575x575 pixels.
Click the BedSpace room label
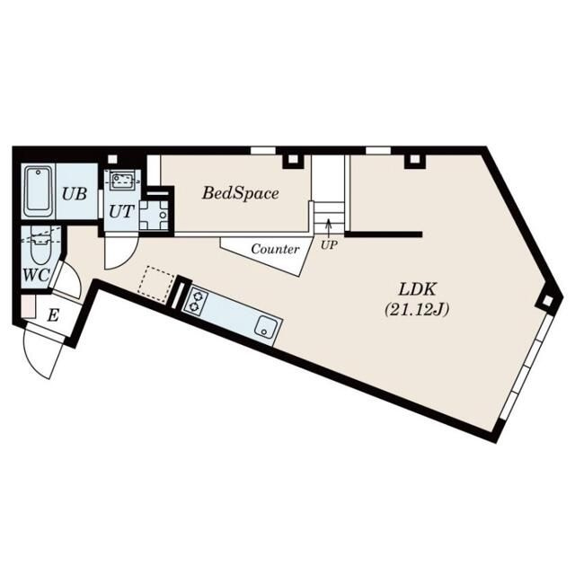tap(240, 193)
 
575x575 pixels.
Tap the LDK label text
tap(417, 289)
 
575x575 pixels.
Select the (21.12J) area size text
tap(417, 311)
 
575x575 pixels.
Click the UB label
tap(75, 194)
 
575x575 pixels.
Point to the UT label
tap(122, 212)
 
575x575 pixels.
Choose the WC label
tap(36, 274)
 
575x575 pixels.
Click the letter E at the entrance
tap(53, 315)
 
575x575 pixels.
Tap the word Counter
tap(275, 250)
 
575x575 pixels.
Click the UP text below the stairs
tap(329, 245)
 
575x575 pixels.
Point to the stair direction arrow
tap(329, 228)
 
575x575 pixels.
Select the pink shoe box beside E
tap(28, 306)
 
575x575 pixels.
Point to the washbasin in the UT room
tap(121, 180)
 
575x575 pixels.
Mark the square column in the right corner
tap(547, 301)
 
